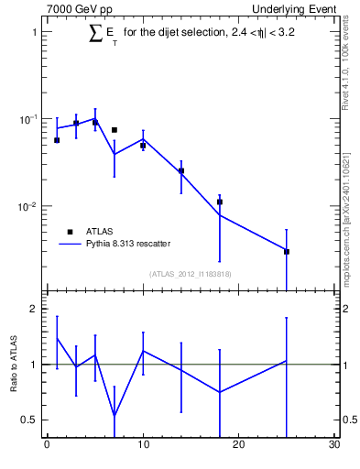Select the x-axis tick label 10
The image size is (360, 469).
coord(142,446)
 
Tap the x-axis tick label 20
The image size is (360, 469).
coord(238,446)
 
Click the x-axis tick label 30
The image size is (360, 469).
coord(333,446)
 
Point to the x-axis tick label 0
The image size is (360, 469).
coord(47,446)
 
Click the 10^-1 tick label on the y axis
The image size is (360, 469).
coord(27,119)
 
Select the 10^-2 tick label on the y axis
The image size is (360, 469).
coord(27,207)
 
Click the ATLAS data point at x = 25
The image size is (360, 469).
coord(287,251)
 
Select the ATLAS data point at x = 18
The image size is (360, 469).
coord(220,202)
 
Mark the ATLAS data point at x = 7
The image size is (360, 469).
coord(115,130)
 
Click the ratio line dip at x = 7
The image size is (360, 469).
coord(115,416)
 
